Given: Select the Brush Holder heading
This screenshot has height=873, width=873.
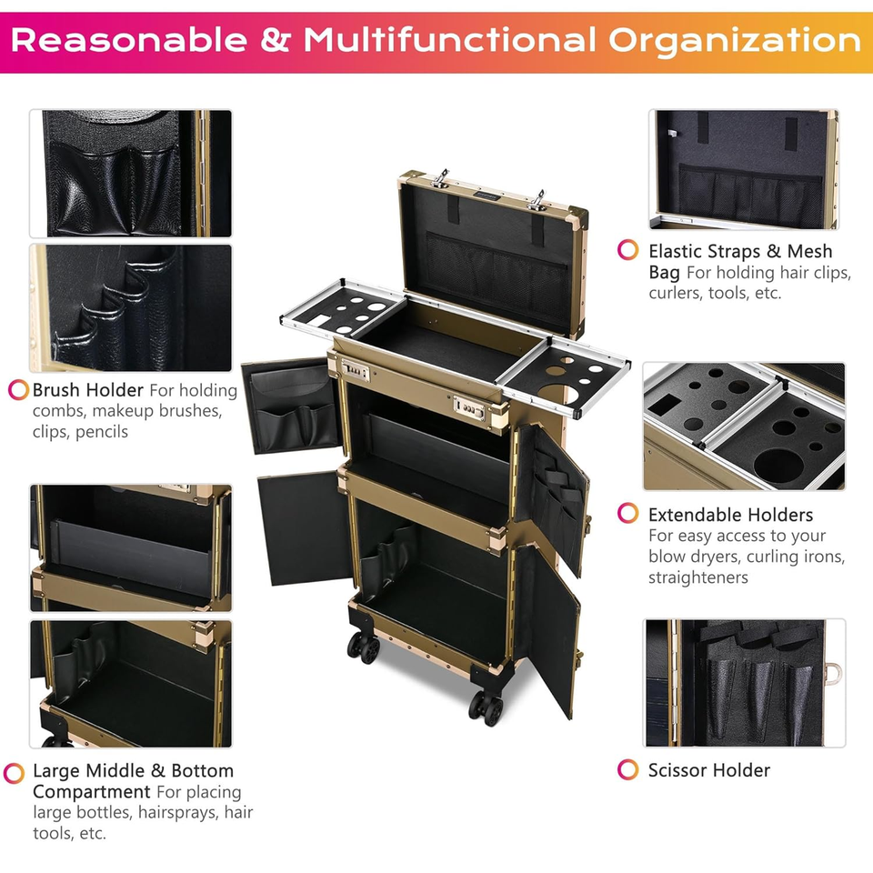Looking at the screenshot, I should (88, 390).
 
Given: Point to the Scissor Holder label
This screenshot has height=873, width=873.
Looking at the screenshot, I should (708, 770).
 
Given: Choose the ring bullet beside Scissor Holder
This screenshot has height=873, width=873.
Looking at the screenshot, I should (628, 770).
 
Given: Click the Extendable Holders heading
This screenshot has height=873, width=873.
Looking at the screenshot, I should (730, 515).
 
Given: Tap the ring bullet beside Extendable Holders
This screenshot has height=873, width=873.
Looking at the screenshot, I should (628, 514).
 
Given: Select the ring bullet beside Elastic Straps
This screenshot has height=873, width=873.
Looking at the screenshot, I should (628, 251).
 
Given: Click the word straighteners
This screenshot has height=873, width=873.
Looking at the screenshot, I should (698, 577).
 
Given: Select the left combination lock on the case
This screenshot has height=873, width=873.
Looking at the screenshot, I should (353, 370).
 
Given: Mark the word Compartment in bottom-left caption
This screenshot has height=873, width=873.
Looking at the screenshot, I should (92, 792).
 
